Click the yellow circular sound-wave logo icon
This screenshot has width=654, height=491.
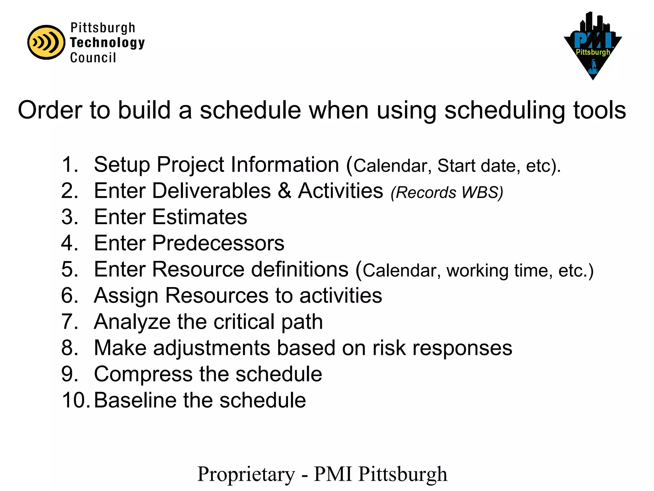click(46, 42)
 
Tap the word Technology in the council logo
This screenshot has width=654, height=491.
click(107, 43)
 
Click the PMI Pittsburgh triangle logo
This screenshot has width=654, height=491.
click(593, 46)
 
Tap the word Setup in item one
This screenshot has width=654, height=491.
click(122, 165)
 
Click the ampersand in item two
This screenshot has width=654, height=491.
click(284, 191)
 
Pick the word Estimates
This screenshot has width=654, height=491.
click(199, 217)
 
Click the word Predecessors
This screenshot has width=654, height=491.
click(218, 243)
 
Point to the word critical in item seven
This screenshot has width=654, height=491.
click(244, 322)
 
